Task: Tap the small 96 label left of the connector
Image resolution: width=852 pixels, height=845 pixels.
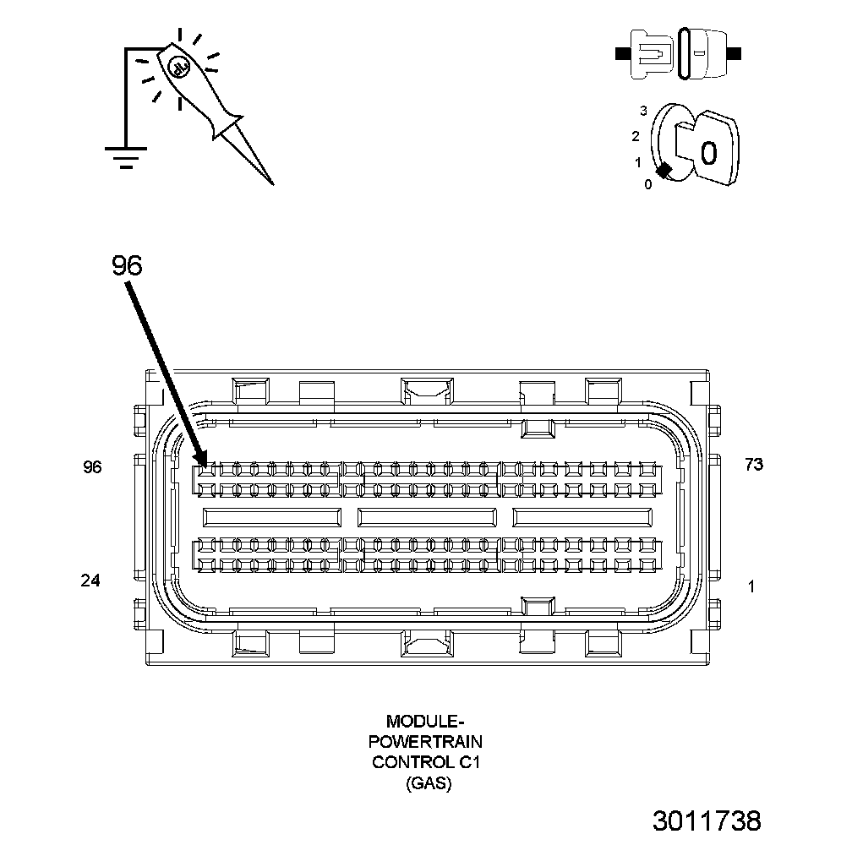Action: (92, 466)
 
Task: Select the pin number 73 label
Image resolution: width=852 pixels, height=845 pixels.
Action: (753, 464)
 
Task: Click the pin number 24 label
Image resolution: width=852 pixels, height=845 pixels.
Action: (90, 581)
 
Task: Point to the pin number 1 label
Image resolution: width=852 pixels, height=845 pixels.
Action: (751, 586)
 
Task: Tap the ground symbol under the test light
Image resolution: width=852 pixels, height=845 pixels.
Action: (126, 156)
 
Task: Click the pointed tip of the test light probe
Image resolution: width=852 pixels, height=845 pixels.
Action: (271, 183)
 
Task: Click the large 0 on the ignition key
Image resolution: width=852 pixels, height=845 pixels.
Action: (708, 153)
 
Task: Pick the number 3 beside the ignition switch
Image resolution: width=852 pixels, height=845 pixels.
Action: (643, 111)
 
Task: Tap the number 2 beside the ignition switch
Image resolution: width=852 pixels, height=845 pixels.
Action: (636, 136)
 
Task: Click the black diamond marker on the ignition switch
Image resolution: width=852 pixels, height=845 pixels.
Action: (664, 170)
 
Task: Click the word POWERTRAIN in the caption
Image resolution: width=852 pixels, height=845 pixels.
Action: (427, 742)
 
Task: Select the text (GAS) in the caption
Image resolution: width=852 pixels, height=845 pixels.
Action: (428, 783)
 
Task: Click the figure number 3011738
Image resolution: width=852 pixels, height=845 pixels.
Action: (707, 820)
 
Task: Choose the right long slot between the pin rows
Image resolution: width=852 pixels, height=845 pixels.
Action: (582, 517)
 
